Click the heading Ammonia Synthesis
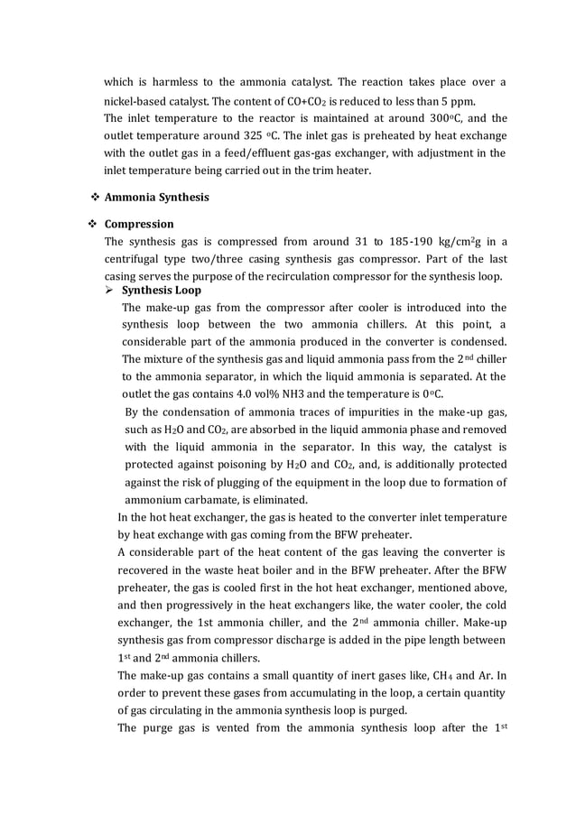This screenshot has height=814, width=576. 156,197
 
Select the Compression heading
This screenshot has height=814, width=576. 139,224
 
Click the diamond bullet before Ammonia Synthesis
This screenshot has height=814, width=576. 95,197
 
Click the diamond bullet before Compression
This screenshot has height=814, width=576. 95,224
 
